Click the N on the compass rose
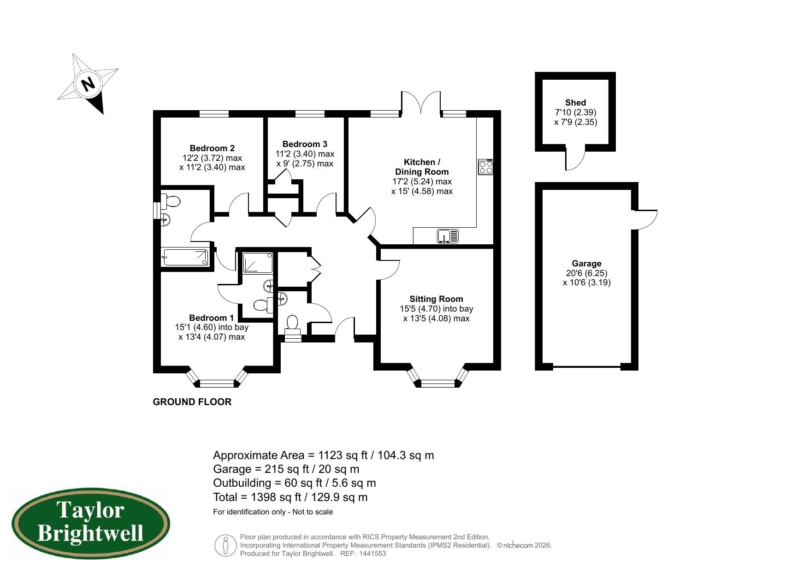(x=88, y=84)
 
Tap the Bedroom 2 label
(x=212, y=148)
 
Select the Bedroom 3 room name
(x=305, y=144)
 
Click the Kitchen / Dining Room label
(x=422, y=167)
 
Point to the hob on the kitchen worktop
(x=486, y=166)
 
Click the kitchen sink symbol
(x=448, y=236)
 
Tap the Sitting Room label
(x=436, y=299)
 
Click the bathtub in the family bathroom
(x=186, y=257)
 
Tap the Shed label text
(x=575, y=103)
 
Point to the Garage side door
(x=646, y=219)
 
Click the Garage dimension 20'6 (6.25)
(x=586, y=273)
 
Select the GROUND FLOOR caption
(x=192, y=402)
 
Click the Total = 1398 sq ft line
(x=290, y=497)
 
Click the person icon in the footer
(x=225, y=545)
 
